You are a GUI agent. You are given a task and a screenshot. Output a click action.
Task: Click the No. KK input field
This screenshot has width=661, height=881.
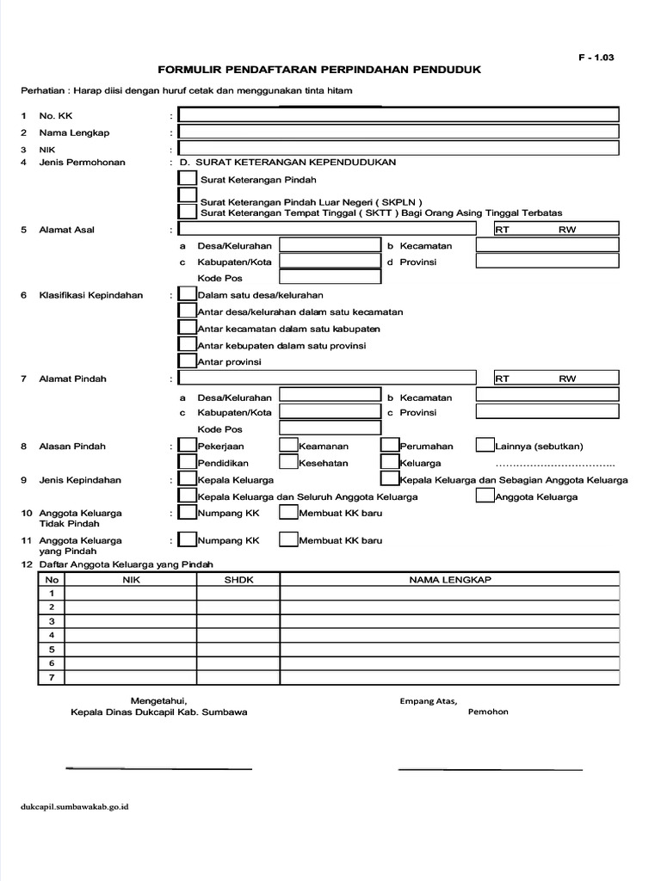point(398,115)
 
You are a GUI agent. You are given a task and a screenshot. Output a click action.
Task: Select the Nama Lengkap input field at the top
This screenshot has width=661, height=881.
point(398,132)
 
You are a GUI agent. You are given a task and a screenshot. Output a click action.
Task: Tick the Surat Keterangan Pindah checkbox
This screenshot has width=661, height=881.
point(186,178)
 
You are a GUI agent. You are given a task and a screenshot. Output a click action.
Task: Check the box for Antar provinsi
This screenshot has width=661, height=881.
point(186,361)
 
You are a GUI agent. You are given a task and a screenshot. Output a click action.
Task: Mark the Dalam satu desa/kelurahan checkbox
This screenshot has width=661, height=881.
point(186,295)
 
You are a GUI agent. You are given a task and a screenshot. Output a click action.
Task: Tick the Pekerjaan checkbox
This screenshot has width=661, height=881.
point(186,446)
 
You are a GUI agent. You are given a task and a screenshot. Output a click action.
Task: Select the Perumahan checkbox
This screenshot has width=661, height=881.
point(389,446)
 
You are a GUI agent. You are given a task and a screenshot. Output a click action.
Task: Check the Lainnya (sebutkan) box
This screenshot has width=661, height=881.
point(485,446)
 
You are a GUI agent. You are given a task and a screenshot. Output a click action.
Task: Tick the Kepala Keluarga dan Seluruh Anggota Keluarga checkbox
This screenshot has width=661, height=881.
point(186,496)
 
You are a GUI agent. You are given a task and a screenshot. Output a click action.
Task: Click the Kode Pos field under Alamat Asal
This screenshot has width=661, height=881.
point(330,277)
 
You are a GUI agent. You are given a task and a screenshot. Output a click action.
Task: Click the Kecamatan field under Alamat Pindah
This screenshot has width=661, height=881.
point(547,396)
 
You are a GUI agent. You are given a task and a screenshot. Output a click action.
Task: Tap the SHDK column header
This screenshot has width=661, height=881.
point(238,580)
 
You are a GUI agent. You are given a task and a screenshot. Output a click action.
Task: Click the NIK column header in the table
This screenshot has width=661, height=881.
point(132,580)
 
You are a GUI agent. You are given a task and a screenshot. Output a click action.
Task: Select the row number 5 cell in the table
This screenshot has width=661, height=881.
point(52,650)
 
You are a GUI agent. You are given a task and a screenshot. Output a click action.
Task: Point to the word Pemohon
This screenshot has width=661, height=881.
point(488,712)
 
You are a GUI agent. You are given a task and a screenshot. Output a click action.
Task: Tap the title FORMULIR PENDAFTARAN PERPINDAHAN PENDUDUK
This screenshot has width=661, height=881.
point(318,69)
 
